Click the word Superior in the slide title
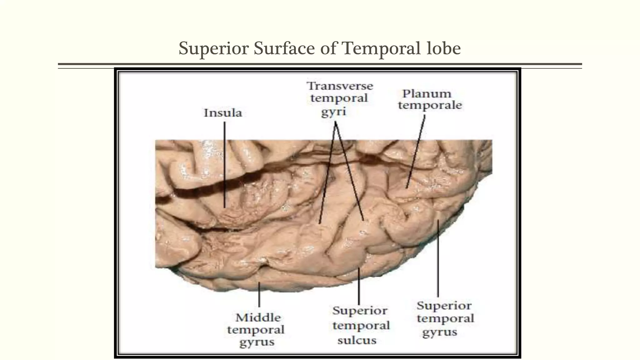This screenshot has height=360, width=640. click(213, 49)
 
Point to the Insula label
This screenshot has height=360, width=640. click(223, 113)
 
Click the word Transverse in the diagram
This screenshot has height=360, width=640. click(340, 86)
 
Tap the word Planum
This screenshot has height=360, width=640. click(427, 94)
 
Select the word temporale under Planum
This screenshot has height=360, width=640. click(430, 105)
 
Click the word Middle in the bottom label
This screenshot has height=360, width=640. click(258, 317)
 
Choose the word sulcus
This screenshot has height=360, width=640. click(357, 340)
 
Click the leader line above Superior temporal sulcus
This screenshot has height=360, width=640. click(359, 286)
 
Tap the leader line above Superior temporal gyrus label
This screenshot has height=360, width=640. click(438, 259)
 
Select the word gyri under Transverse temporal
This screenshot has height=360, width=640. click(334, 112)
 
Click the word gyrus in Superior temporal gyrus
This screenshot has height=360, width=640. click(439, 332)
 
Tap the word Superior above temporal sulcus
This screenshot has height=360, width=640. click(360, 311)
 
